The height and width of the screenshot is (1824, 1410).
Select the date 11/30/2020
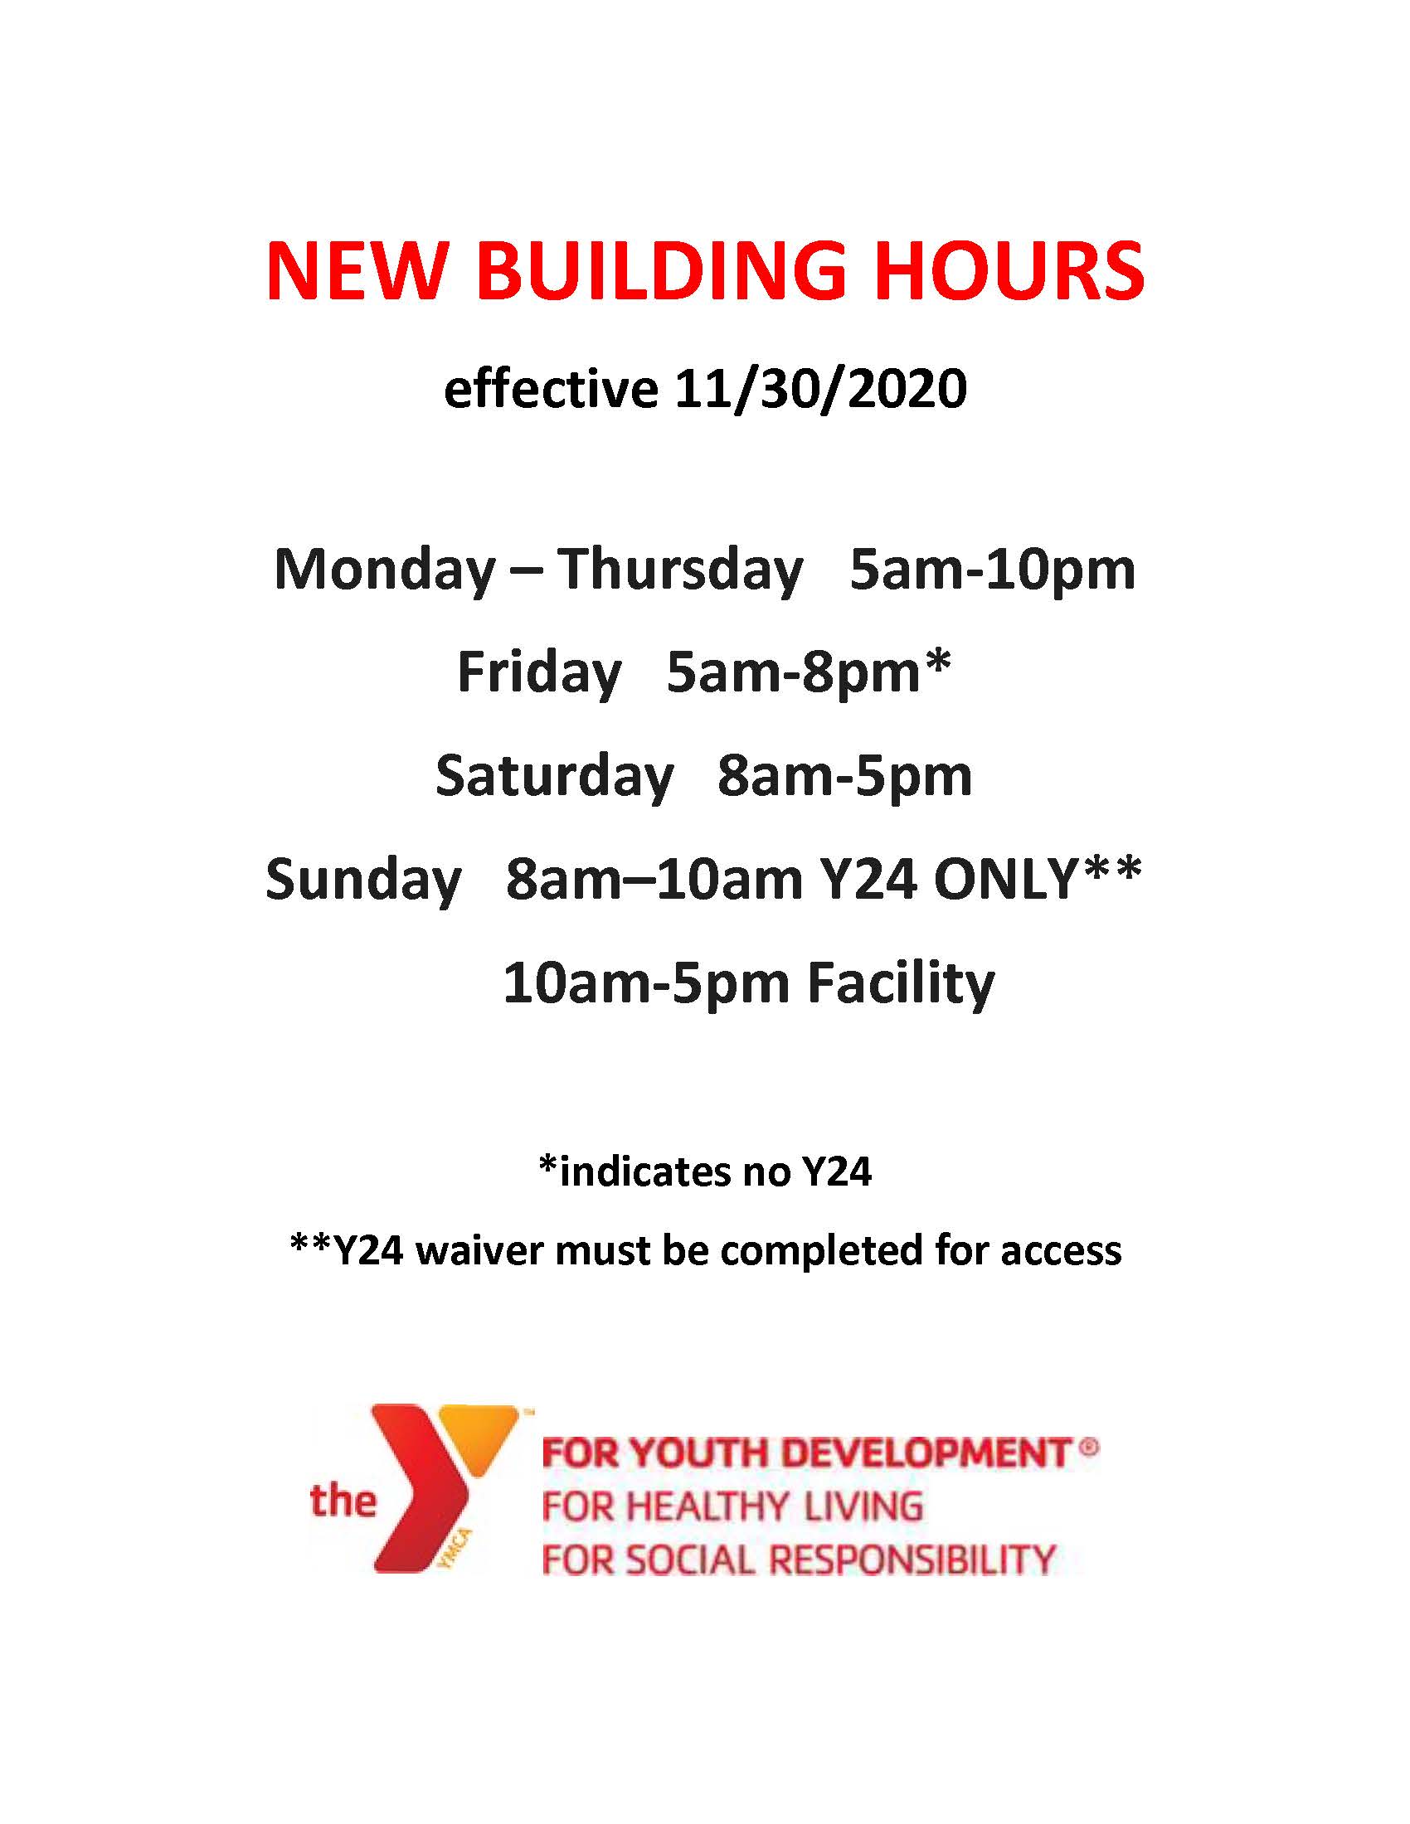820,389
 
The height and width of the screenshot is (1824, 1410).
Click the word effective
552,389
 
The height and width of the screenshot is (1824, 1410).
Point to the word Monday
385,570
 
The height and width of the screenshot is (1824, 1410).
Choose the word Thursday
680,570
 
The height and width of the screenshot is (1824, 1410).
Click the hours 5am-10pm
992,570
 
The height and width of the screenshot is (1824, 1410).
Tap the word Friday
539,673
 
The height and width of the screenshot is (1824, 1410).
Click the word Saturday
554,776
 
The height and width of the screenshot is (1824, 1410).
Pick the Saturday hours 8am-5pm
844,776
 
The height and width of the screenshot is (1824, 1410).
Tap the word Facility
902,982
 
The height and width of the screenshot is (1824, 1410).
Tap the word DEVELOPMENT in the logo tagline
928,1453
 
